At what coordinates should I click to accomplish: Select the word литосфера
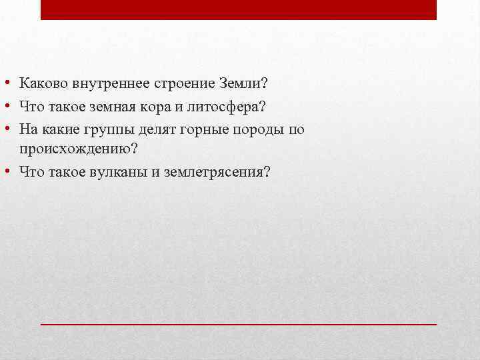(x=213, y=107)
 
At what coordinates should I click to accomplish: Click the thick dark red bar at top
(x=239, y=9)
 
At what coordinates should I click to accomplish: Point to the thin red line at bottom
(x=239, y=323)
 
